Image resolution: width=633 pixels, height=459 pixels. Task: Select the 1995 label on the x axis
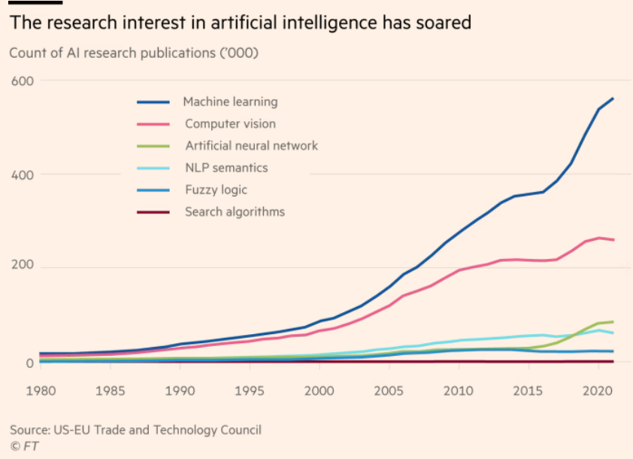pos(250,392)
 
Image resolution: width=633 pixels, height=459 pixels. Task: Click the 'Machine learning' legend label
pos(230,102)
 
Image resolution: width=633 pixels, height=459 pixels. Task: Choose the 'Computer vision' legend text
pos(230,123)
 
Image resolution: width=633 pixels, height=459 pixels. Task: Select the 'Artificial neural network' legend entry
pos(251,146)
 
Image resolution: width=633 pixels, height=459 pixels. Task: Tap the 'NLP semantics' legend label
pos(226,168)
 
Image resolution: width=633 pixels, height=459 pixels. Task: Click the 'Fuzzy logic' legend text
pos(216,190)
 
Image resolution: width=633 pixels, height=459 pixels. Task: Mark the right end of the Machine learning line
pos(613,99)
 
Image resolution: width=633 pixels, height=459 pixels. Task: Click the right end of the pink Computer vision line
pos(613,240)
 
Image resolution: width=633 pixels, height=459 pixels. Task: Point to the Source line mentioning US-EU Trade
pos(135,430)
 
